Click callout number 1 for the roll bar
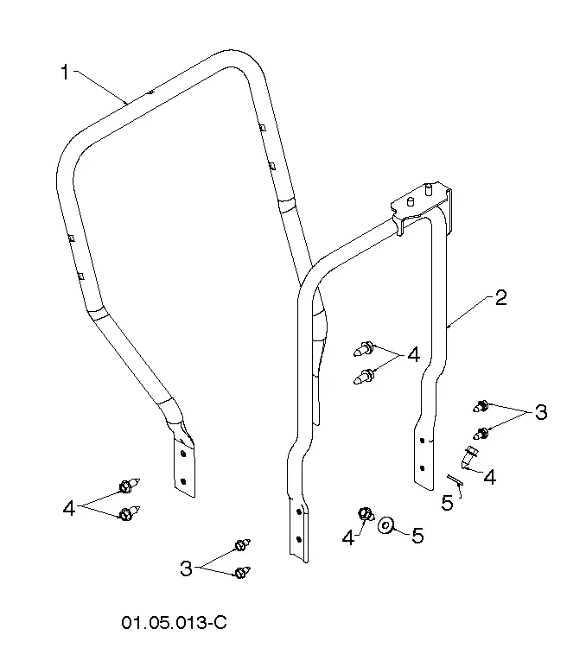(65, 72)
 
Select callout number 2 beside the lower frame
(501, 298)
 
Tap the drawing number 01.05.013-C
(174, 623)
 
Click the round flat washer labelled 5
(385, 524)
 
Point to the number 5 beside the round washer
(417, 536)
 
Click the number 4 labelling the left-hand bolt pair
(69, 508)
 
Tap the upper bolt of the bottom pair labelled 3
(243, 544)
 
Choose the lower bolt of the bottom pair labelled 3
(243, 572)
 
